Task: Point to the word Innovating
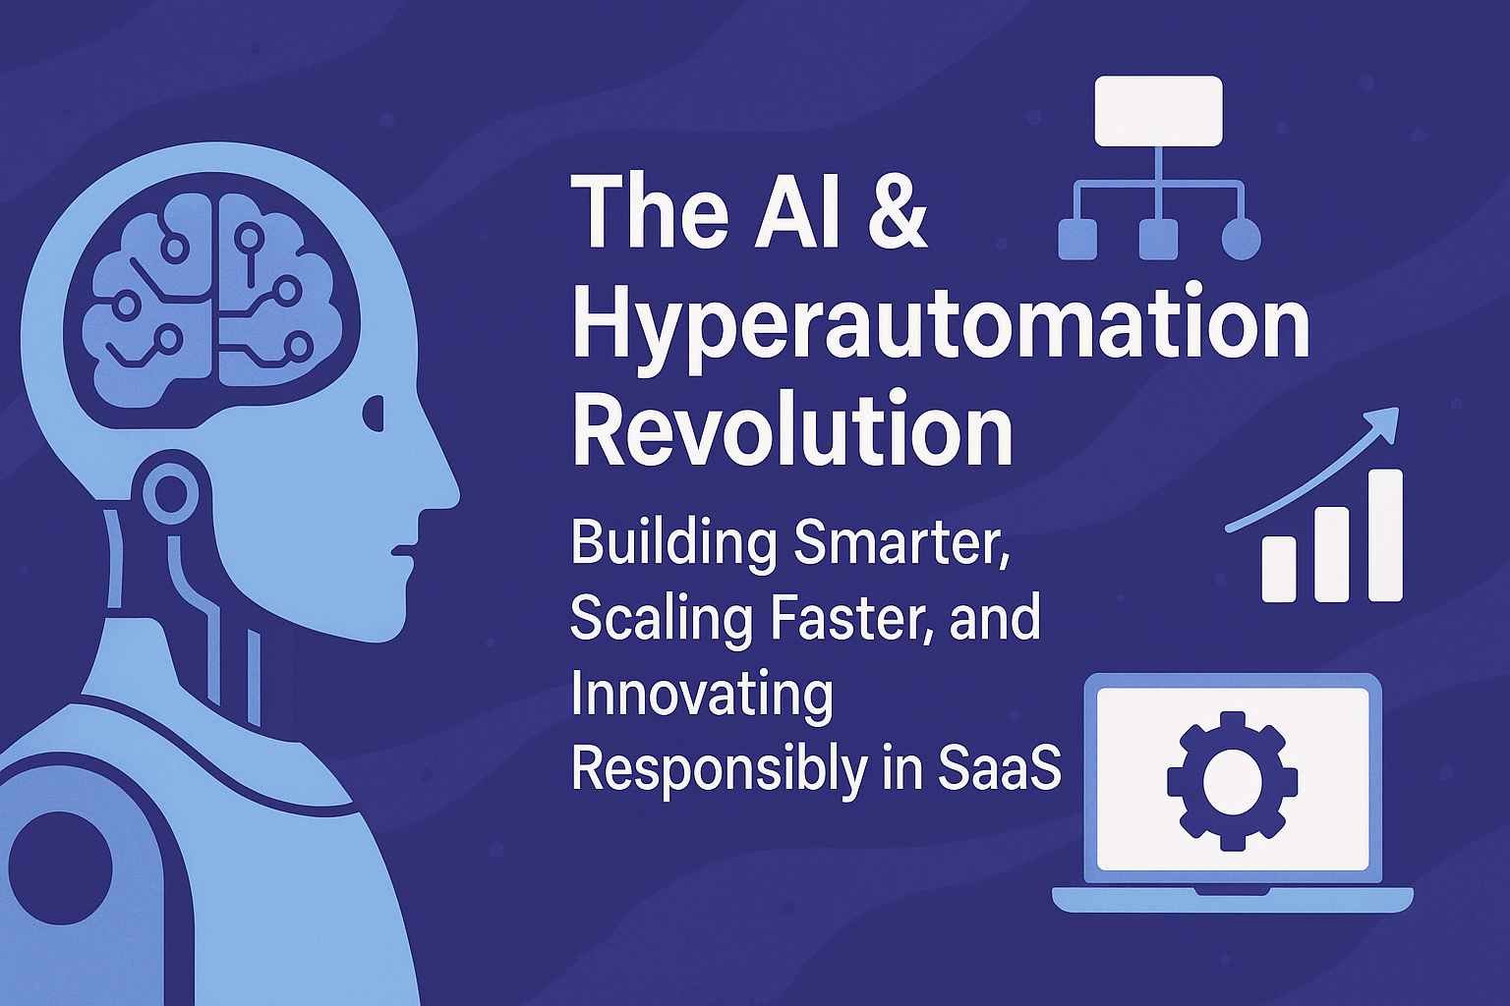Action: pyautogui.click(x=702, y=696)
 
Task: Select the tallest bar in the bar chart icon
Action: pyautogui.click(x=1386, y=534)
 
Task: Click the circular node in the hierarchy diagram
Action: pyautogui.click(x=1240, y=240)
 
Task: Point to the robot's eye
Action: pyautogui.click(x=374, y=413)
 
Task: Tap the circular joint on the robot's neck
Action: pyautogui.click(x=171, y=491)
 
